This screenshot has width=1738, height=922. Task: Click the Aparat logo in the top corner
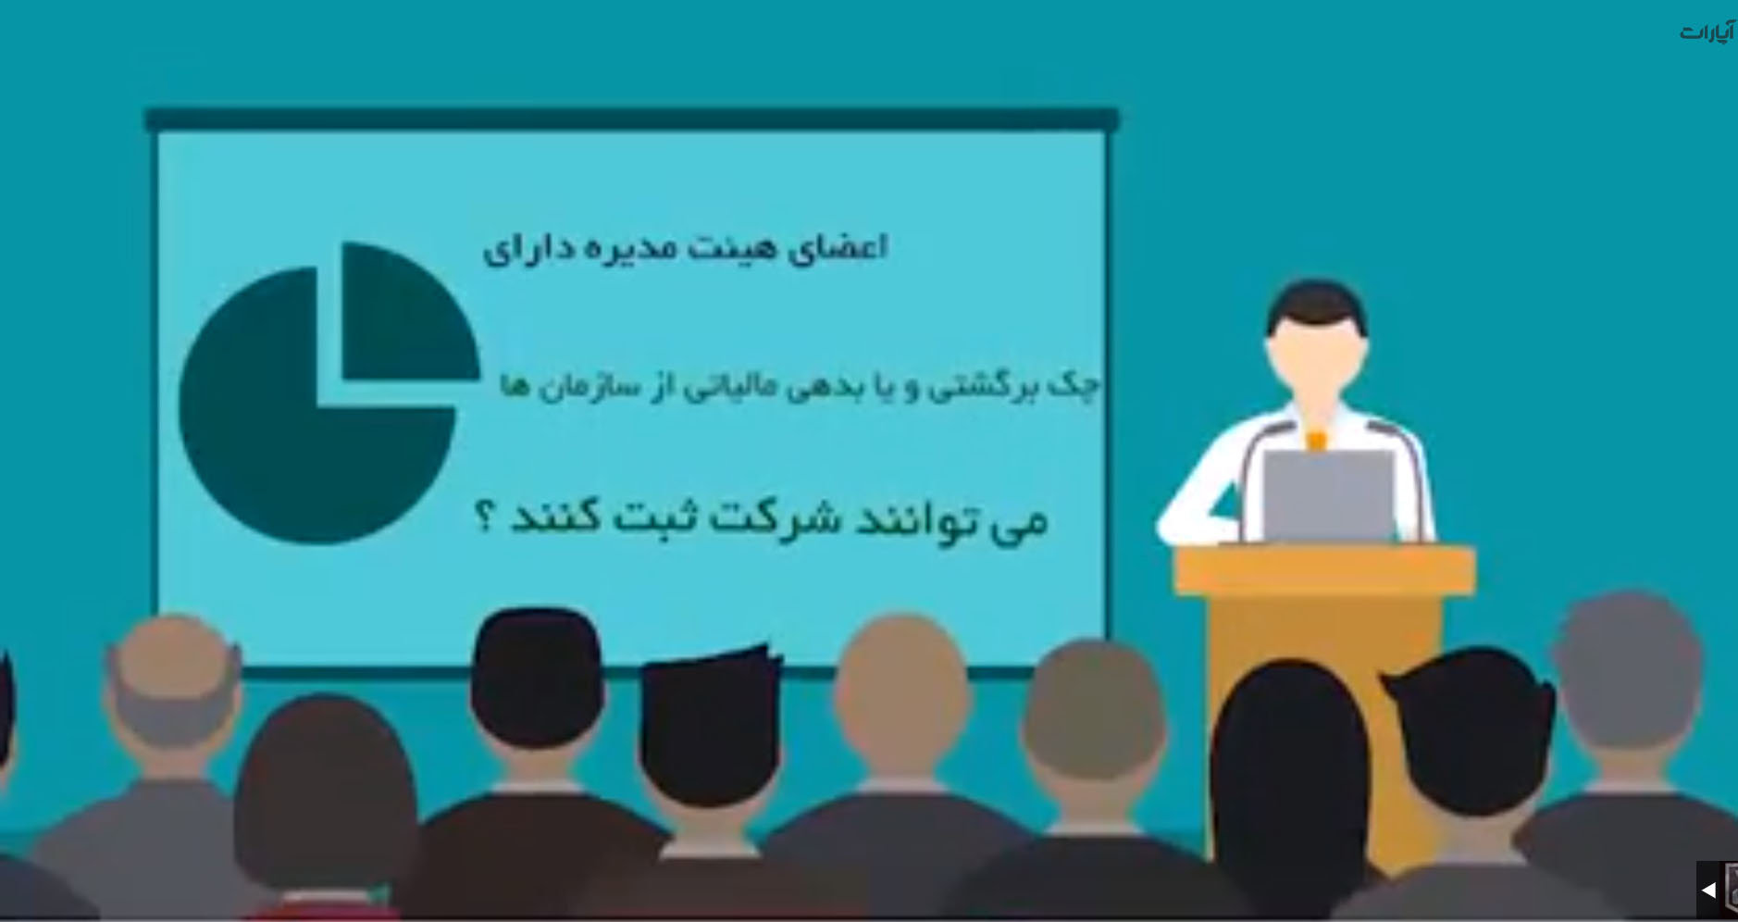tap(1707, 32)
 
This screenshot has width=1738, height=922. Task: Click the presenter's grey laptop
tap(1329, 495)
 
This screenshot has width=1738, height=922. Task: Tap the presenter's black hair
tap(1317, 305)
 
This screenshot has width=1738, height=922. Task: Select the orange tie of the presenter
tap(1315, 440)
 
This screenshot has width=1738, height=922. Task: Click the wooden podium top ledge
tap(1325, 569)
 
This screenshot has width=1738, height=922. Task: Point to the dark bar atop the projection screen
tap(632, 119)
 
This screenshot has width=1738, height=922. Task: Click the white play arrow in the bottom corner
tap(1708, 890)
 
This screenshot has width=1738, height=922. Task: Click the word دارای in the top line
tap(528, 249)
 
